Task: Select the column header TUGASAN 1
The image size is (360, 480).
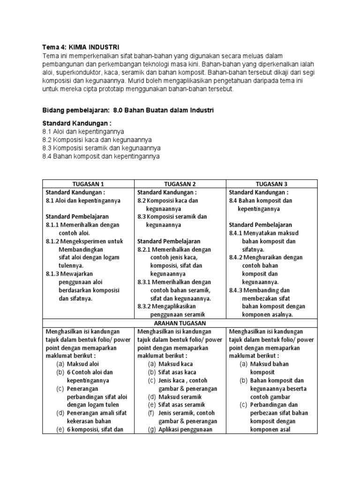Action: pyautogui.click(x=89, y=184)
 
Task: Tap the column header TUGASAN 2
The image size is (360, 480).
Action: pyautogui.click(x=180, y=184)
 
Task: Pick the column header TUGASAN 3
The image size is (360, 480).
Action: pyautogui.click(x=272, y=184)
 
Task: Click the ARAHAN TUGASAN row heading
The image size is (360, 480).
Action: pyautogui.click(x=180, y=323)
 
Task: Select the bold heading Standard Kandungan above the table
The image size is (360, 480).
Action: pyautogui.click(x=77, y=124)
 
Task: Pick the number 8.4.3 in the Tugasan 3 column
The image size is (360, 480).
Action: pyautogui.click(x=237, y=290)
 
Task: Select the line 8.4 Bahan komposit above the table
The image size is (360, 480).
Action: pyautogui.click(x=101, y=156)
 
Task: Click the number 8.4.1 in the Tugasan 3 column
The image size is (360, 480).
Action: pyautogui.click(x=237, y=233)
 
